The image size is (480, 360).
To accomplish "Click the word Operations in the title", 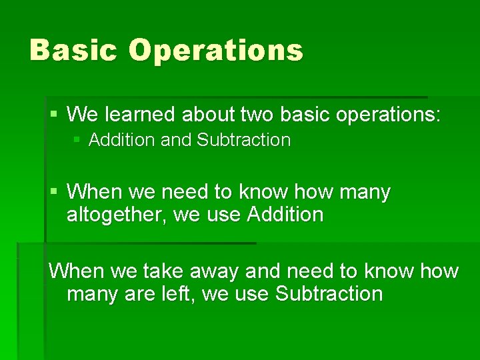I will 215,50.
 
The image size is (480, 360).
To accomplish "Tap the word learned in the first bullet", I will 135,114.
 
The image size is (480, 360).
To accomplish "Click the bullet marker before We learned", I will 55,115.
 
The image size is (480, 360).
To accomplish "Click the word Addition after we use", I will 285,215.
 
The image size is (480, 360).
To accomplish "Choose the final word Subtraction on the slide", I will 329,293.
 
